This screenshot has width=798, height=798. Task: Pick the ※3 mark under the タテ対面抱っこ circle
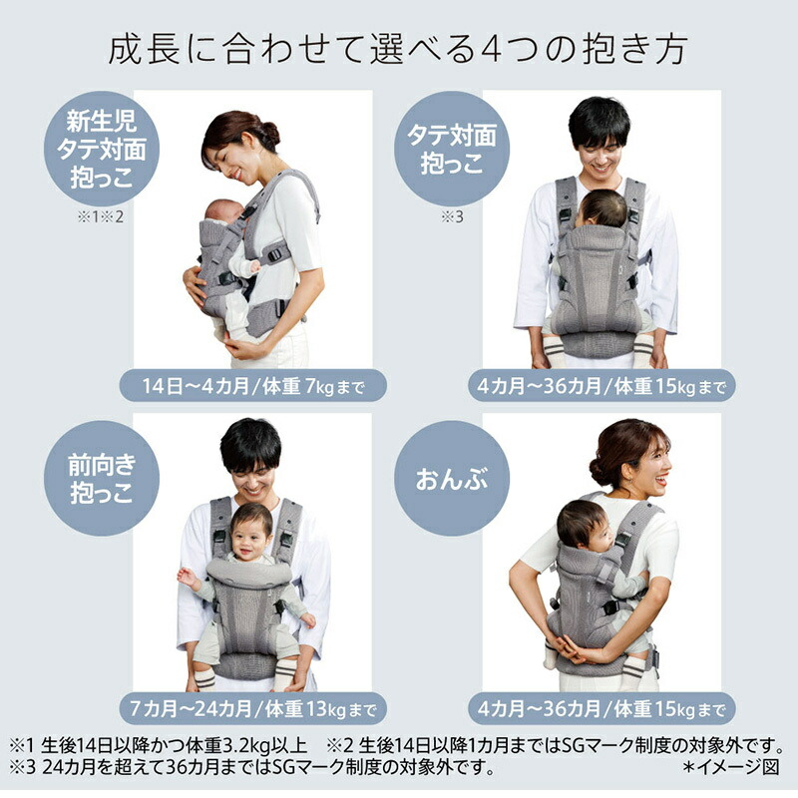pos(453,219)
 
